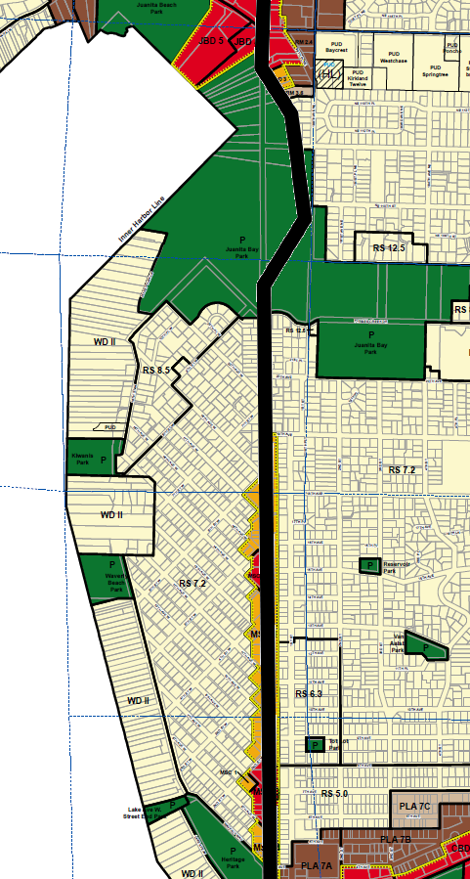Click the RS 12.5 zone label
click(388, 249)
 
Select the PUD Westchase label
click(393, 57)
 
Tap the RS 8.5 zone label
click(156, 370)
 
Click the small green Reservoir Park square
click(370, 565)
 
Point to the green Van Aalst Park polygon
click(426, 646)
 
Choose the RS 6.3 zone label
click(308, 693)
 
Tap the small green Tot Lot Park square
click(315, 744)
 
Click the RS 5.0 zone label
click(333, 793)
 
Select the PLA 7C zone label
click(414, 806)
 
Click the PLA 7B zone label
click(395, 840)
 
